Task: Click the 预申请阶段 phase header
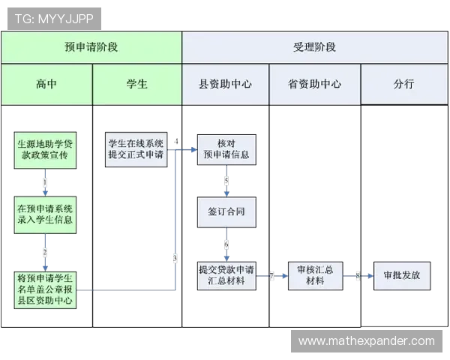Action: click(x=91, y=46)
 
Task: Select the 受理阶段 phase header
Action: click(x=314, y=46)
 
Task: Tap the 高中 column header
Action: click(x=46, y=84)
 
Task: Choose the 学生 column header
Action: click(x=136, y=84)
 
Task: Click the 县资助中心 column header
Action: click(x=225, y=84)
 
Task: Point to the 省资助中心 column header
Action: click(x=314, y=84)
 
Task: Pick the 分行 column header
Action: click(x=403, y=84)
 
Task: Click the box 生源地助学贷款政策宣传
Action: click(x=45, y=148)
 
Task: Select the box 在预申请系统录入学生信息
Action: click(x=45, y=214)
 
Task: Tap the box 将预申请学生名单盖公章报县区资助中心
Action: click(x=45, y=289)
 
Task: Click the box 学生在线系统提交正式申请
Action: click(x=136, y=148)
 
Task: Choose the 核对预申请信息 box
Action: click(x=226, y=148)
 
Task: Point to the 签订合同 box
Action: click(x=226, y=211)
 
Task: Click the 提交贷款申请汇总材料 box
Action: click(x=226, y=274)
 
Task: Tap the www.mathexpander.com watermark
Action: click(x=366, y=341)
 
